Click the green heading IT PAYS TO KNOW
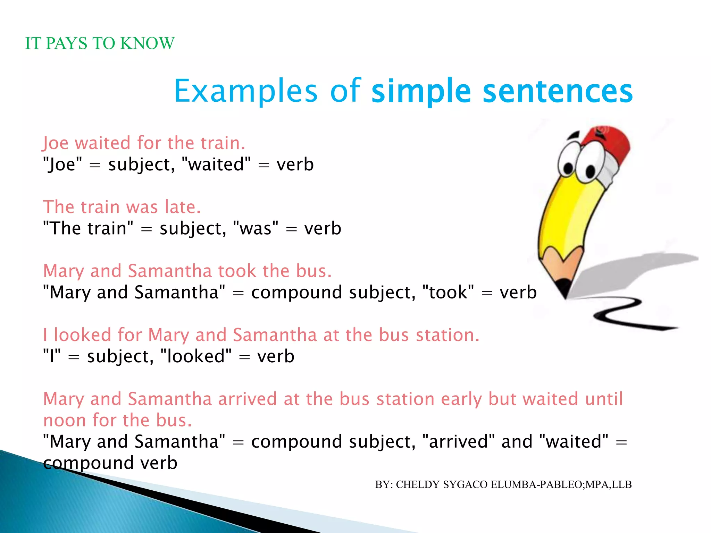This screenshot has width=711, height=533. pos(100,43)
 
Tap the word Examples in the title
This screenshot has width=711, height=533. pos(245,91)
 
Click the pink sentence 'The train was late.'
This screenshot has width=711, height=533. pos(122,207)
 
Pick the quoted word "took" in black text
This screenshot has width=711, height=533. pos(448,292)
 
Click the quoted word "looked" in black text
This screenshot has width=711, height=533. pos(196,356)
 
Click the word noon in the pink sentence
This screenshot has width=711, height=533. pos(65,421)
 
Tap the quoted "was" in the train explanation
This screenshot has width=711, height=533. pos(256,228)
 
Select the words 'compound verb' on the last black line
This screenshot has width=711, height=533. pos(110,463)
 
